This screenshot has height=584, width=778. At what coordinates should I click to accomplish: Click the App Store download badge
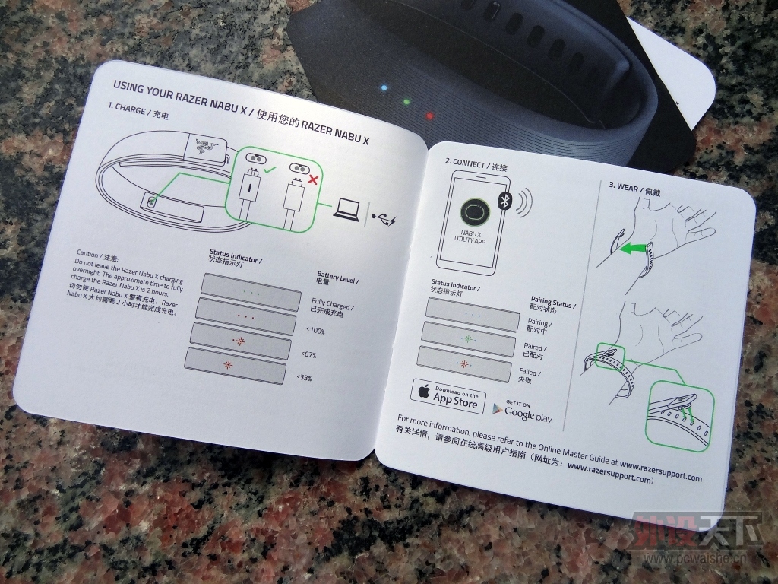point(448,396)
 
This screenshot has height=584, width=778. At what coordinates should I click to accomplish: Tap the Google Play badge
point(522,411)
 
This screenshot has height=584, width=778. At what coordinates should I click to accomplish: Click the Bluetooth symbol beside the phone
point(504,201)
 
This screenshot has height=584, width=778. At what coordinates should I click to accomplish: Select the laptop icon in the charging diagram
point(346,209)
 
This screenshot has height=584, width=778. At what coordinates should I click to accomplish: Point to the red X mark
point(312,179)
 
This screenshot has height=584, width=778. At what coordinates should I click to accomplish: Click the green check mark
point(270,170)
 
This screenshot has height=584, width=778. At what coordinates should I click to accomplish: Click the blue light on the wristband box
point(384,88)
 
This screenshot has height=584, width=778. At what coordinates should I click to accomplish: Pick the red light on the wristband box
point(430,116)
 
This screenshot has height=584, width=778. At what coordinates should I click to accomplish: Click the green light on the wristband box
point(407,102)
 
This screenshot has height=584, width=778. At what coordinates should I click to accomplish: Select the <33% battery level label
point(304,378)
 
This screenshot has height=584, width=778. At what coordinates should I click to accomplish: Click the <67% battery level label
point(308,354)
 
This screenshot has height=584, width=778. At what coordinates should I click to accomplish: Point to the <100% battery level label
point(315,331)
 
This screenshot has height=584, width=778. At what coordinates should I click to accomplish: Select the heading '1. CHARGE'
point(127,108)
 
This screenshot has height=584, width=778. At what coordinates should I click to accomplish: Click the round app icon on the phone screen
point(475,212)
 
